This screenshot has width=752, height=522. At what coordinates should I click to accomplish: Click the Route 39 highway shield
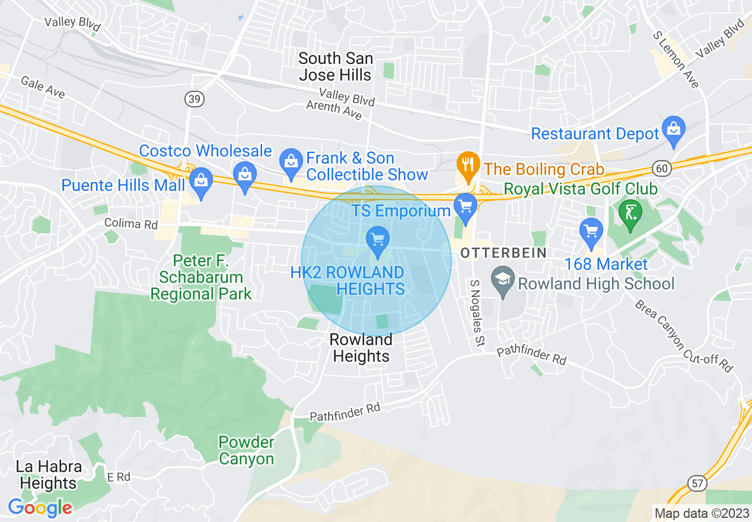194,99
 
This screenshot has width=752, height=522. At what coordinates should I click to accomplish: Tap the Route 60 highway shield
662,169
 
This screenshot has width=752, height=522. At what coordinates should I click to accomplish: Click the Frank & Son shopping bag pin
291,164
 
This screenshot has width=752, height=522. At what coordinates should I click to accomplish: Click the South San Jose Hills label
336,66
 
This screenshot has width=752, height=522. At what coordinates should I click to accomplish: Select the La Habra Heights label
49,475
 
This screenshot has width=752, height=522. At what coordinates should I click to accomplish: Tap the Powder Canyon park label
246,450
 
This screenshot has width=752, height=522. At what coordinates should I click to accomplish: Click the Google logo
40,508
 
